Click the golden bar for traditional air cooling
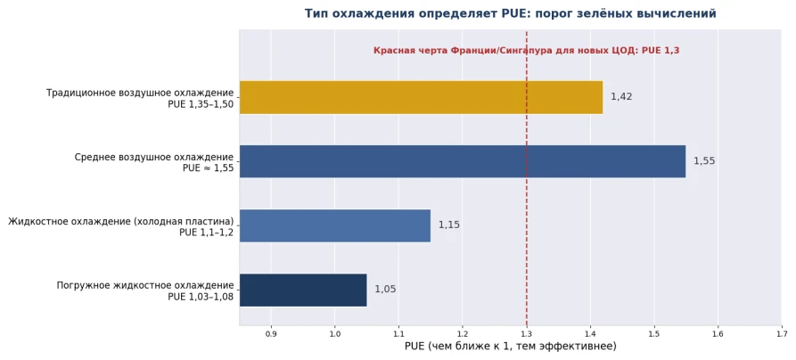pos(421,97)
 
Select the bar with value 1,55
pos(463,161)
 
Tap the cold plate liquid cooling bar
pos(335,225)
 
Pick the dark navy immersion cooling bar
pos(303,290)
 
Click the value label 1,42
pos(621,97)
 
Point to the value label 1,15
pos(449,225)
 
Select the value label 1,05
pos(385,290)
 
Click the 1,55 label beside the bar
pos(704,161)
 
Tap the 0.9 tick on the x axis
pos(271,333)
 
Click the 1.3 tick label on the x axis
pos(527,333)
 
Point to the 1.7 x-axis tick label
pos(782,333)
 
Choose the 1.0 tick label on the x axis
pos(335,333)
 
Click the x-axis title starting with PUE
pos(511,347)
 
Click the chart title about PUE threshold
pos(510,13)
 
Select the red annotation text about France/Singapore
pos(527,50)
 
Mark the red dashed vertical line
pos(527,177)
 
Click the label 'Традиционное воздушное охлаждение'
pos(140,94)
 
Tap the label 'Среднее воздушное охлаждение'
pos(154,158)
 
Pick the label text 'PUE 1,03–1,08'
pos(201,297)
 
